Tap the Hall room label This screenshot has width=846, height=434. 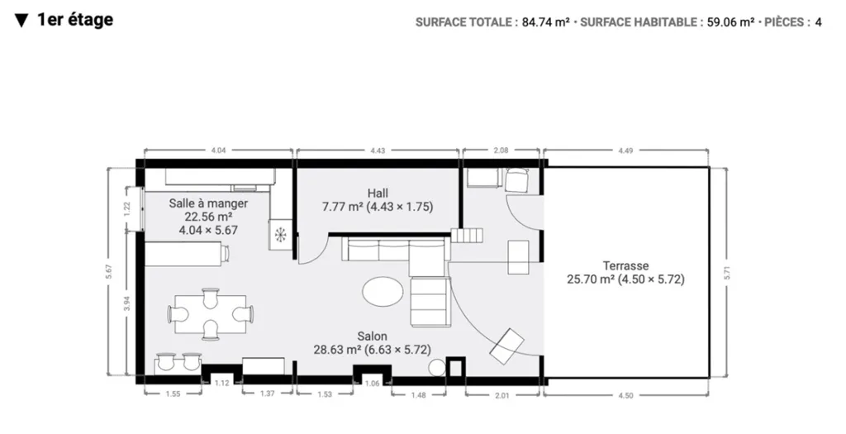click(x=378, y=200)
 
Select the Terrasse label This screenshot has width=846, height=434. click(x=626, y=273)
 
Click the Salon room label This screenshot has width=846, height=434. click(x=373, y=343)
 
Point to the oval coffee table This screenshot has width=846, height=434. click(x=383, y=292)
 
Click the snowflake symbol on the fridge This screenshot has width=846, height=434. click(x=281, y=236)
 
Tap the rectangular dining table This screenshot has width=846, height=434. click(x=211, y=314)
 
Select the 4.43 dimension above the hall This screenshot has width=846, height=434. click(x=378, y=150)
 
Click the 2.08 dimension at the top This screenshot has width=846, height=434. click(x=501, y=150)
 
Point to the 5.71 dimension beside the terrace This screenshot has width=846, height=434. click(x=727, y=273)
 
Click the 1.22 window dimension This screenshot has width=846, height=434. click(x=127, y=208)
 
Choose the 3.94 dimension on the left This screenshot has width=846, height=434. click(x=127, y=304)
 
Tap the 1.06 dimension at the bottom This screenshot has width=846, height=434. click(x=373, y=384)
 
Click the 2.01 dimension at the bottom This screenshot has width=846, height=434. click(x=501, y=395)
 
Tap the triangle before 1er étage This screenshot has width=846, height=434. click(x=21, y=21)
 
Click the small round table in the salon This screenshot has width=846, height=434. click(x=436, y=368)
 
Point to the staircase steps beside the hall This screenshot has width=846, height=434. click(x=468, y=236)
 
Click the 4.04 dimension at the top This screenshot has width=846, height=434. click(x=218, y=150)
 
